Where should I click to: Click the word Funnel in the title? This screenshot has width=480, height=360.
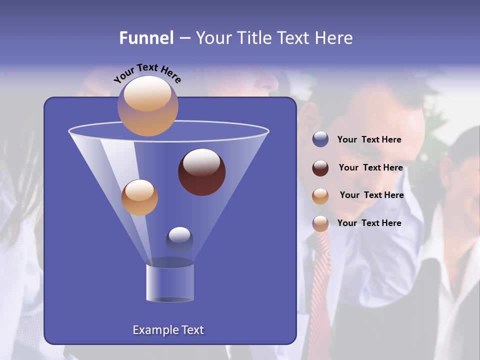tap(146, 38)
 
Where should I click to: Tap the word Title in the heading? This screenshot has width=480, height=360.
tap(253, 38)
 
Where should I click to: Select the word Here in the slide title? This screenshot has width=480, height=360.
tap(333, 38)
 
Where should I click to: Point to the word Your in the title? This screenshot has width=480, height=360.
tap(212, 38)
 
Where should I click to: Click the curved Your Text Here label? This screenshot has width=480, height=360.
tap(147, 72)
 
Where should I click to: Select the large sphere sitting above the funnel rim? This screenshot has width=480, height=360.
tap(147, 105)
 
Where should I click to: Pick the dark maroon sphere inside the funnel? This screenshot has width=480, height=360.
tap(201, 171)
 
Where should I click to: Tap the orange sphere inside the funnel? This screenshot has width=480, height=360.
tap(139, 197)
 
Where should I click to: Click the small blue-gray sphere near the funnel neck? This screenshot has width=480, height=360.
tap(179, 240)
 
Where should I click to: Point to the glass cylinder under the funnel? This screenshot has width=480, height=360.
tap(169, 282)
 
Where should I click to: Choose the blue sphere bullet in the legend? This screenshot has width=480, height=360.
tap(320, 139)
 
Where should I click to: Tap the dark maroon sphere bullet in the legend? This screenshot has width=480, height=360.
tap(320, 168)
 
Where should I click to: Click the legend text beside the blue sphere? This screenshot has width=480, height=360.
tap(369, 140)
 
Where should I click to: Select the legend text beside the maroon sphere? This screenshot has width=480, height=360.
tap(370, 167)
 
